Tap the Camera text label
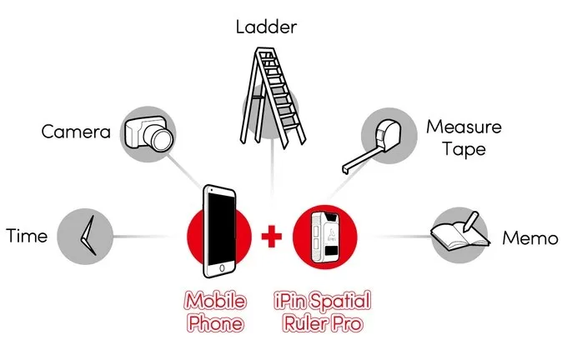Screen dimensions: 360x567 pyautogui.click(x=76, y=132)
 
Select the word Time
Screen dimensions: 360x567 pyautogui.click(x=27, y=236)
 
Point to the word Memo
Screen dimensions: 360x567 pyautogui.click(x=530, y=239)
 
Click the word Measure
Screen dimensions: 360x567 pyautogui.click(x=464, y=127)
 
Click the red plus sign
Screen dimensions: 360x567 pyautogui.click(x=271, y=235)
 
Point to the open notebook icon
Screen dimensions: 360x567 pyautogui.click(x=456, y=232)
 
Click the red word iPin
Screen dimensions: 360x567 pyautogui.click(x=298, y=300)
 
